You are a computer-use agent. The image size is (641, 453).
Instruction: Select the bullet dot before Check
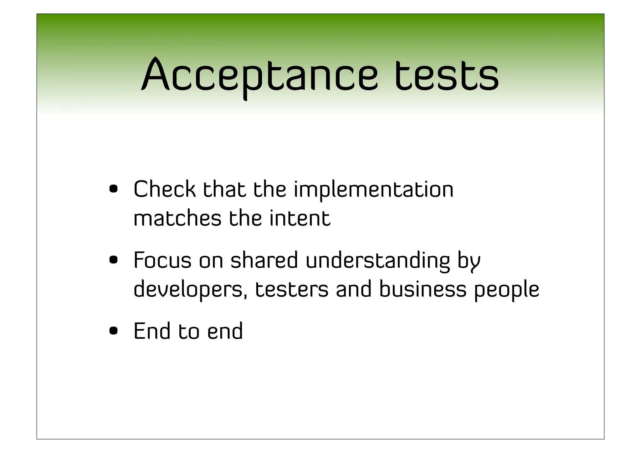pyautogui.click(x=113, y=189)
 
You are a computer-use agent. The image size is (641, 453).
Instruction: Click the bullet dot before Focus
pyautogui.click(x=113, y=260)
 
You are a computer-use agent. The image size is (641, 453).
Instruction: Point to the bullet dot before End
pyautogui.click(x=113, y=331)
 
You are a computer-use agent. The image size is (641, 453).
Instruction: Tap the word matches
pyautogui.click(x=177, y=218)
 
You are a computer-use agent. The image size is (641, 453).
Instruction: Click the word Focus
pyautogui.click(x=162, y=260)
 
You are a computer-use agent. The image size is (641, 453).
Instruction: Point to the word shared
pyautogui.click(x=264, y=260)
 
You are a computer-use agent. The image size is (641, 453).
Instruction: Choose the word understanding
pyautogui.click(x=378, y=260)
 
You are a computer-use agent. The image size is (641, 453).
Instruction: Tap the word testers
pyautogui.click(x=292, y=289)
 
